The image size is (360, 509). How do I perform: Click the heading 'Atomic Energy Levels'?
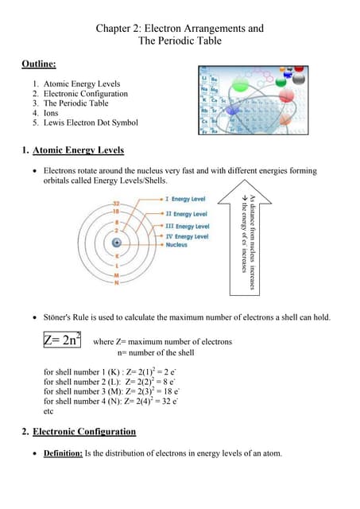tap(78, 150)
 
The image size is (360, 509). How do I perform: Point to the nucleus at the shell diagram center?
tap(117, 242)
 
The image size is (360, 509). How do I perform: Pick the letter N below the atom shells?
tap(116, 282)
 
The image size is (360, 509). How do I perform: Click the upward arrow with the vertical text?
tap(250, 231)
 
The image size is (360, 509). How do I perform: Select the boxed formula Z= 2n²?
tap(62, 340)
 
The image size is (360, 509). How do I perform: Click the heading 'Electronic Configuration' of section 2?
tap(84, 432)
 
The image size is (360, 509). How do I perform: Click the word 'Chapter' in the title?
tap(116, 29)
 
